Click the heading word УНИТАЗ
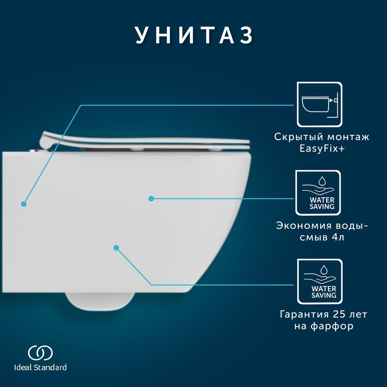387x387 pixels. click(x=194, y=35)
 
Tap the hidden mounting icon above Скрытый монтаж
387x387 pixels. click(x=320, y=104)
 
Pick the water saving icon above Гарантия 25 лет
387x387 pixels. click(x=320, y=281)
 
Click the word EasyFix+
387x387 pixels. click(x=322, y=149)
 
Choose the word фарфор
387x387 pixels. click(x=332, y=326)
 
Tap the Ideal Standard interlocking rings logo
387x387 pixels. click(x=40, y=353)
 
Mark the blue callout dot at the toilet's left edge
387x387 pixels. click(x=24, y=204)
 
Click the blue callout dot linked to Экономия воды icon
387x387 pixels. click(x=151, y=199)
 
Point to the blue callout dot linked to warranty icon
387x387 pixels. click(x=116, y=248)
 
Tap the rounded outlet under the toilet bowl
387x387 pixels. click(x=100, y=301)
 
